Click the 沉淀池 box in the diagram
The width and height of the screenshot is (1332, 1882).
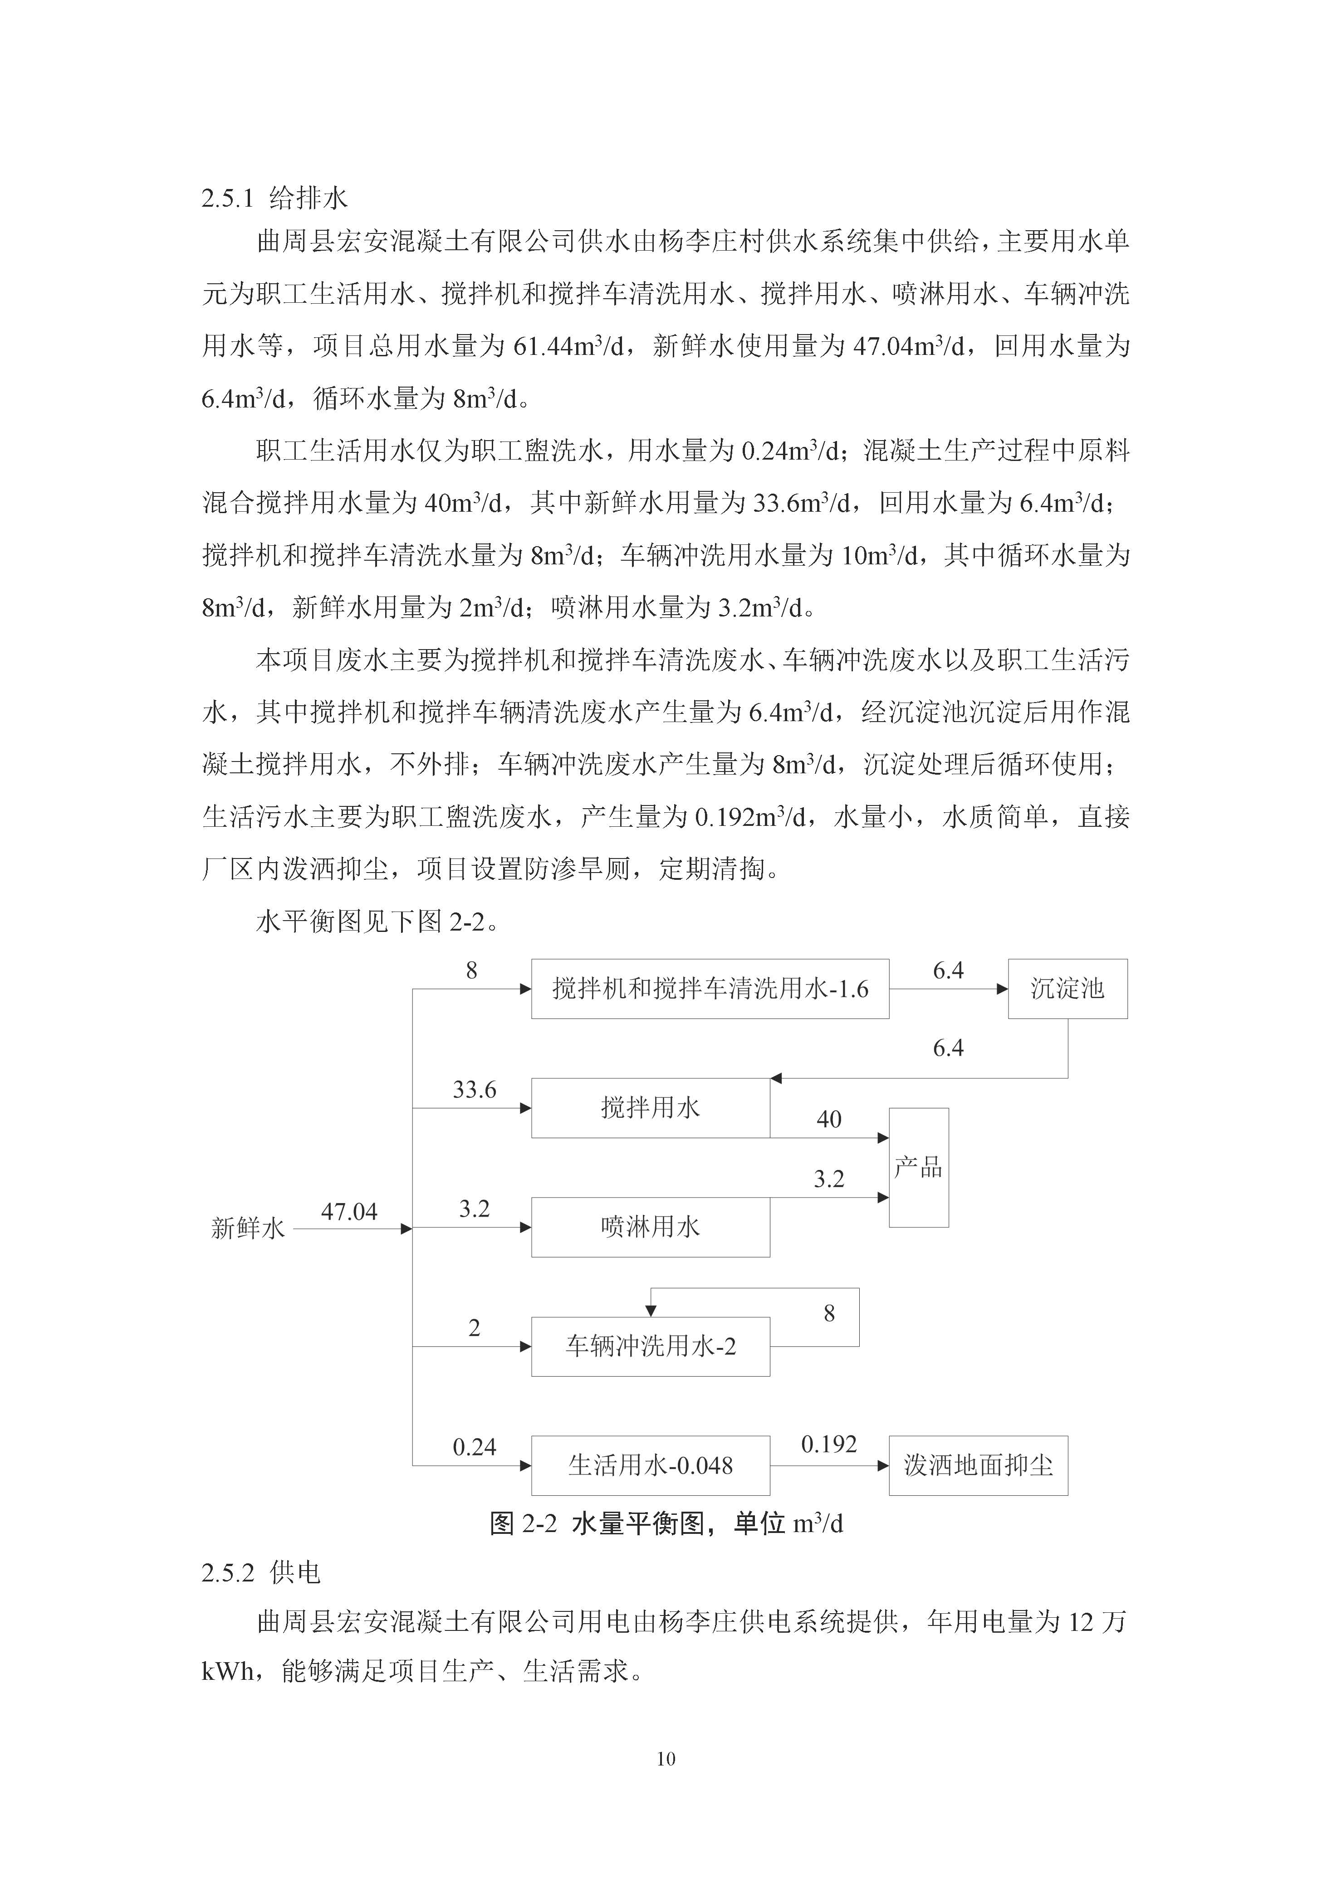coord(1067,989)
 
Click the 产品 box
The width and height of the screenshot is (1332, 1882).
coord(919,1167)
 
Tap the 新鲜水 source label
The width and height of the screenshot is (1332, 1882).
coord(248,1228)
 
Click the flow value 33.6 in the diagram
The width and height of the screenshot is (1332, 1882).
coord(474,1089)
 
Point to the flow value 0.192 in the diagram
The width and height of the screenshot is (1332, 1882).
coord(828,1444)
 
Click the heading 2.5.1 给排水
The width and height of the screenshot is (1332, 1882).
coord(275,199)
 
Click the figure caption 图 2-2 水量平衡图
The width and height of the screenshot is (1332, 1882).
coord(666,1523)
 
